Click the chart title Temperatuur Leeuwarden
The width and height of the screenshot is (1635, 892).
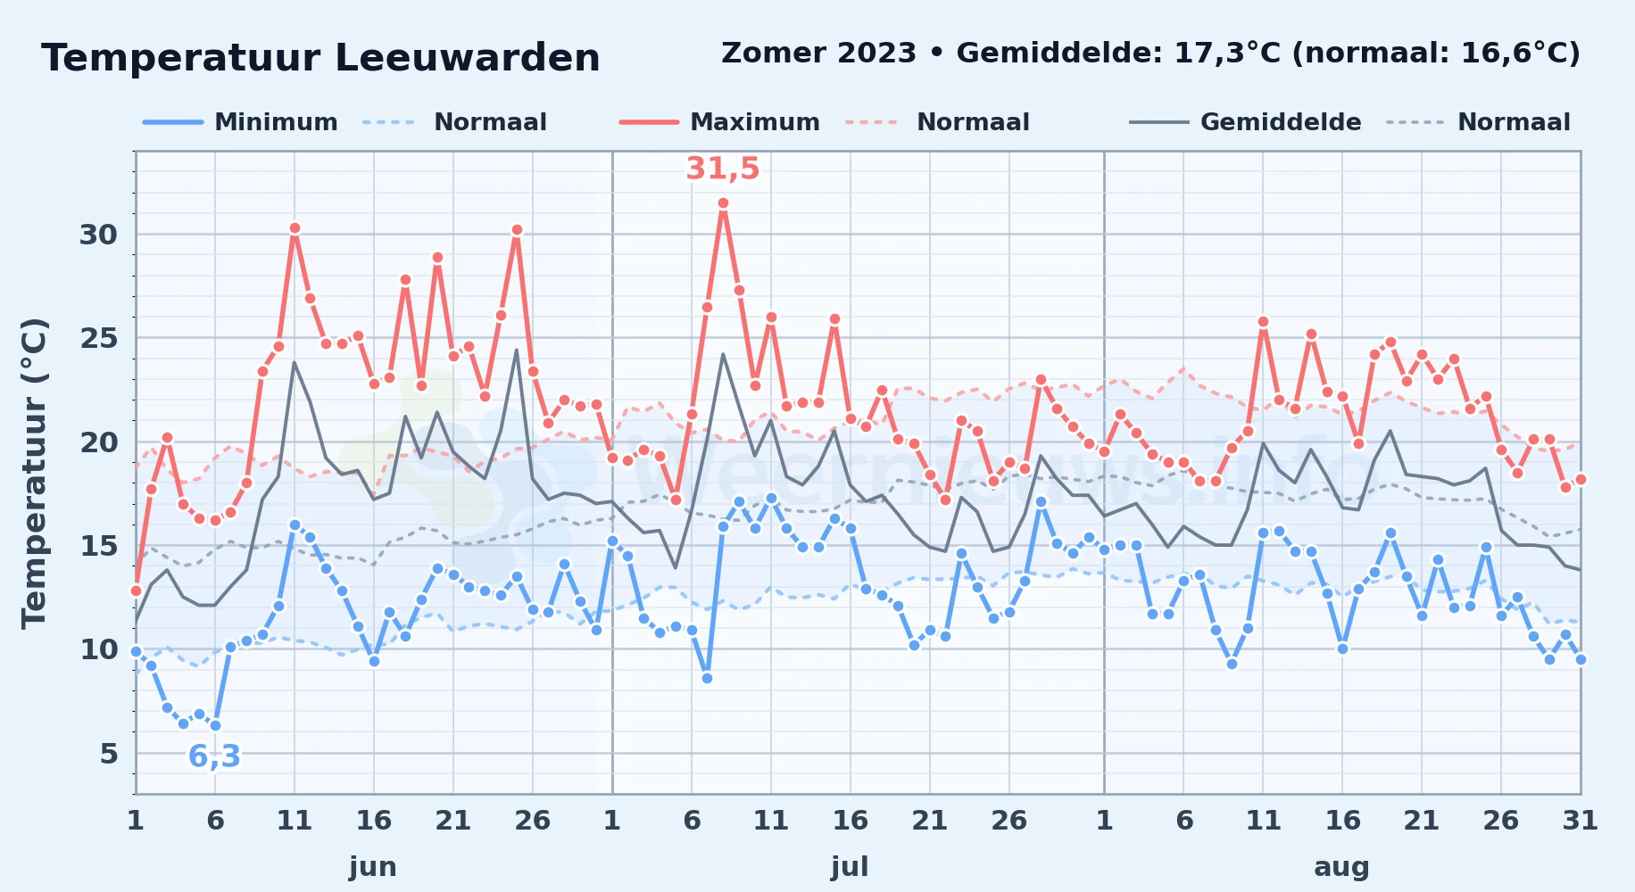point(320,58)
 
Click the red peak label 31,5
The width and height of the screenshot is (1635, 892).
point(723,169)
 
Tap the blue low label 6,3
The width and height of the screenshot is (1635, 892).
point(214,756)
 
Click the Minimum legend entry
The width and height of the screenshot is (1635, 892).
point(240,122)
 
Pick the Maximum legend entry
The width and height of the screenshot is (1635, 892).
point(719,122)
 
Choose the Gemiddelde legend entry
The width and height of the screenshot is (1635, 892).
point(1245,122)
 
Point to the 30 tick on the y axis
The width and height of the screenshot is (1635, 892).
point(98,235)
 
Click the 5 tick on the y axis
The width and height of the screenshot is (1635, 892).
point(108,754)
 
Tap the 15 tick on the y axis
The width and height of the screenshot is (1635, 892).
point(98,546)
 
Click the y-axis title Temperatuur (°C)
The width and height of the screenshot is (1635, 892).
point(34,473)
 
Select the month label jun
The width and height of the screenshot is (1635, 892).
point(373,866)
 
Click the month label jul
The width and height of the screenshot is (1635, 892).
point(850,866)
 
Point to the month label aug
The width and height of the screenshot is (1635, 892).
point(1341,866)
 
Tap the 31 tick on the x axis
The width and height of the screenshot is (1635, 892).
point(1580,820)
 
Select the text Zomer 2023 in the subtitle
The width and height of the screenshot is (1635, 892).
point(818,53)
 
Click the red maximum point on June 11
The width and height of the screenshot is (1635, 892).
point(295,228)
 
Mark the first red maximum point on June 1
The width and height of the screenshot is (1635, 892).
point(136,591)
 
